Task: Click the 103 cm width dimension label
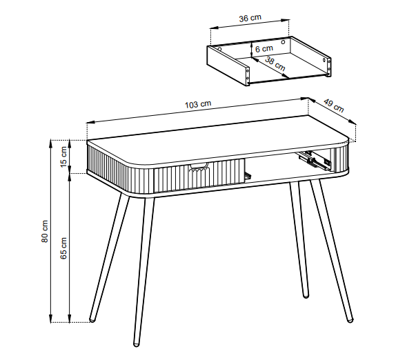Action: (x=198, y=104)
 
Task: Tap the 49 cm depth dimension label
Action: (x=334, y=106)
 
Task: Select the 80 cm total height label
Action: (x=45, y=231)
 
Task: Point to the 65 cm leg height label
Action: (x=63, y=248)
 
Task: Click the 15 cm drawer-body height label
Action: (x=63, y=157)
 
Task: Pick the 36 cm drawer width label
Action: (x=250, y=18)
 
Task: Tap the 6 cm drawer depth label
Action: (x=264, y=49)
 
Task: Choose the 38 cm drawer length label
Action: (x=275, y=64)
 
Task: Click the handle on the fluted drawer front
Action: (x=199, y=167)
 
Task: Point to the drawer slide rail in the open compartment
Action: (x=315, y=160)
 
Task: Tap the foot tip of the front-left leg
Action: (x=136, y=345)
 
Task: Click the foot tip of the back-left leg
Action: (x=92, y=320)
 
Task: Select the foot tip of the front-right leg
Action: (x=350, y=320)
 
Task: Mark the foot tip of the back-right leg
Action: (x=306, y=296)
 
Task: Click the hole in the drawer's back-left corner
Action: (x=219, y=49)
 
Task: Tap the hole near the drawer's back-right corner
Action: (x=284, y=42)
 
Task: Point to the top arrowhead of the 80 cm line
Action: (x=51, y=143)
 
